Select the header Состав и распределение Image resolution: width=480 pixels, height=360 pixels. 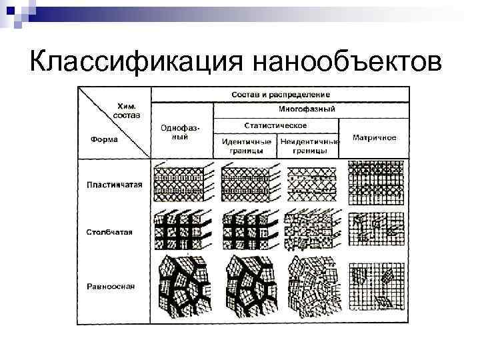point(281,95)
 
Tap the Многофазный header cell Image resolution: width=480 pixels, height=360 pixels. point(306,110)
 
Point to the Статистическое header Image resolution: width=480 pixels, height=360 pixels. point(275,125)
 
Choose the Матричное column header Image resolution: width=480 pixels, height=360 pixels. point(374,138)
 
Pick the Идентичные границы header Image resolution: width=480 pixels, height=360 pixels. point(246,146)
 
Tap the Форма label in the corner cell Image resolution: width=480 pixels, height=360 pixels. point(104,139)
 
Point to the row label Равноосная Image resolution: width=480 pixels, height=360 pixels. point(111,287)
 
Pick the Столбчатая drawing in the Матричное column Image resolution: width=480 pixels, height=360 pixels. point(375,231)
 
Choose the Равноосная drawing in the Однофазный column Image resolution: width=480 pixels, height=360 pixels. point(183,285)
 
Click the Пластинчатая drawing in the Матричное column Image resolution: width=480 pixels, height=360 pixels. point(375,182)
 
